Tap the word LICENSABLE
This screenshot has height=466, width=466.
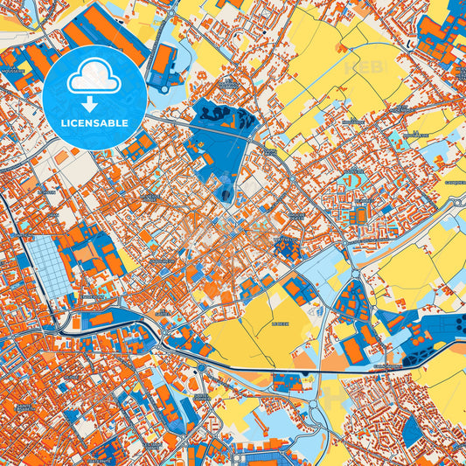click(x=94, y=123)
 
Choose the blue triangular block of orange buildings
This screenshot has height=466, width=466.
click(x=353, y=303)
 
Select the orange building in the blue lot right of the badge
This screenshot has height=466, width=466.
click(x=163, y=61)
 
